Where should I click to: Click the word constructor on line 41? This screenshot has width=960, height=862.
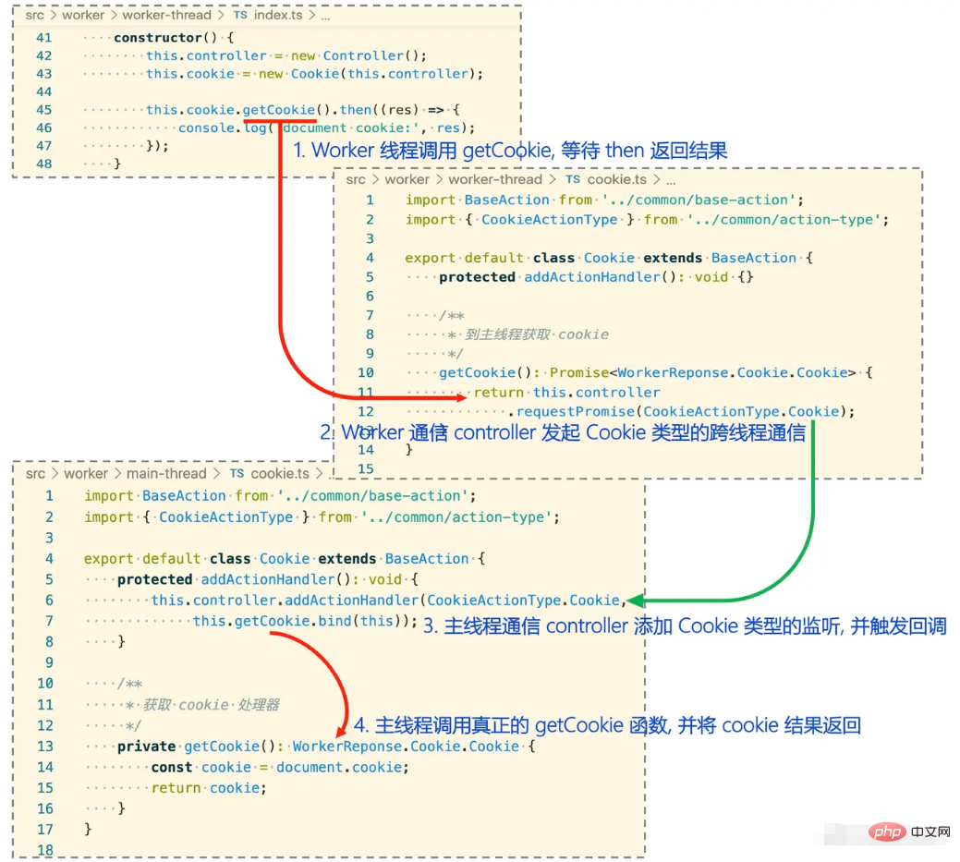[158, 37]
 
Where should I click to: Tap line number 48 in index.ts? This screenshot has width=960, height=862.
[44, 164]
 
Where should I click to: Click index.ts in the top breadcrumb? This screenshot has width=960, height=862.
[278, 15]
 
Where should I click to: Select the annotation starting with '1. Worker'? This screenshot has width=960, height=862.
[510, 150]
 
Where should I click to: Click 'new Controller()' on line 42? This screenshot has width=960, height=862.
[358, 55]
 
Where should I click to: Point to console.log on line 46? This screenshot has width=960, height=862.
[223, 127]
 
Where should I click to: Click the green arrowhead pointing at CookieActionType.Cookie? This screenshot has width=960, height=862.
[636, 601]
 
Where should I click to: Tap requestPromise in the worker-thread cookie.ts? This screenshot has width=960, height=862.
[576, 411]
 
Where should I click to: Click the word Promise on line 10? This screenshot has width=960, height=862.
[578, 372]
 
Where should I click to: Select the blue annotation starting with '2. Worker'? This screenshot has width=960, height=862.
[563, 432]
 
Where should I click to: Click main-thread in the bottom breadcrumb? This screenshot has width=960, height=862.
[166, 473]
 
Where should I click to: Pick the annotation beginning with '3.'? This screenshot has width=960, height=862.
[685, 625]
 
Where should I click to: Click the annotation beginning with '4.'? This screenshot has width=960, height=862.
[607, 725]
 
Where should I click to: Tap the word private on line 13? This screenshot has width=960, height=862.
[146, 747]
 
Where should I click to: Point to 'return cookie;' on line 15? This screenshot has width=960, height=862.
[210, 788]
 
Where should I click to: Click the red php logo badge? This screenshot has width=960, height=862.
[887, 832]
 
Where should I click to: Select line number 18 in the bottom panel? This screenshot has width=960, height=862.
[45, 850]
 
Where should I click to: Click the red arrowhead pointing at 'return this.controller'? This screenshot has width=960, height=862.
[460, 398]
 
